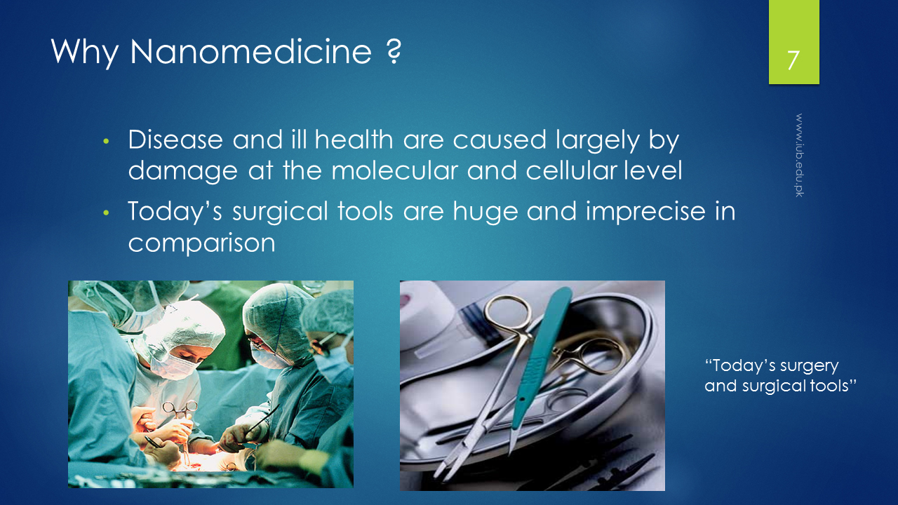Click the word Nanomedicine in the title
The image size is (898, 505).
tap(251, 52)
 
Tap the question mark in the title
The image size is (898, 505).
tap(394, 52)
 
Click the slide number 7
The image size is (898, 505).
tap(793, 60)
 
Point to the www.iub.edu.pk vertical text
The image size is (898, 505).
tap(799, 155)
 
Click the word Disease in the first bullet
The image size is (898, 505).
tap(175, 140)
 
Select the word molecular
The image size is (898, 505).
tap(394, 170)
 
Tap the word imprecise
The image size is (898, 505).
tap(645, 212)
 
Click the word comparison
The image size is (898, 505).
tap(201, 243)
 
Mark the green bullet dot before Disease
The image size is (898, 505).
tap(106, 141)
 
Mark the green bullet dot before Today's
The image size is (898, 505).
tap(106, 213)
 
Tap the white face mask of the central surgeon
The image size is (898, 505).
tap(173, 365)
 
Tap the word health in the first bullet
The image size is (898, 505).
tap(354, 140)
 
